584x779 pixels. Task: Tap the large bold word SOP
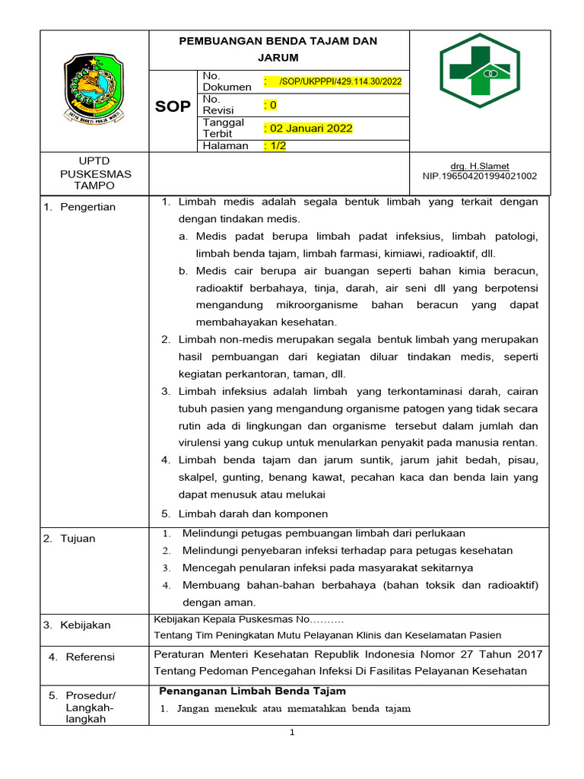click(x=173, y=107)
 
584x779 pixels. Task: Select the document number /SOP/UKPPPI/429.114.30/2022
click(x=340, y=81)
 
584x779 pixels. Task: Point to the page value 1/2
click(x=275, y=146)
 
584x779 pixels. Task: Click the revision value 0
click(x=270, y=105)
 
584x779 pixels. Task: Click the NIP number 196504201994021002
click(x=479, y=176)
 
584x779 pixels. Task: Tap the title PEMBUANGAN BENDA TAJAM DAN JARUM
click(x=278, y=49)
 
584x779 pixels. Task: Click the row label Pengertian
click(x=89, y=207)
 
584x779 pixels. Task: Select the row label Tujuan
click(x=78, y=539)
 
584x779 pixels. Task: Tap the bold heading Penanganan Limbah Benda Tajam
click(x=252, y=691)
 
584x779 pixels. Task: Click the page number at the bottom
click(x=291, y=733)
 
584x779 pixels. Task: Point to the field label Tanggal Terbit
click(x=223, y=128)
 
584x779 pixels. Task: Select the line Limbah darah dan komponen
click(x=252, y=514)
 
